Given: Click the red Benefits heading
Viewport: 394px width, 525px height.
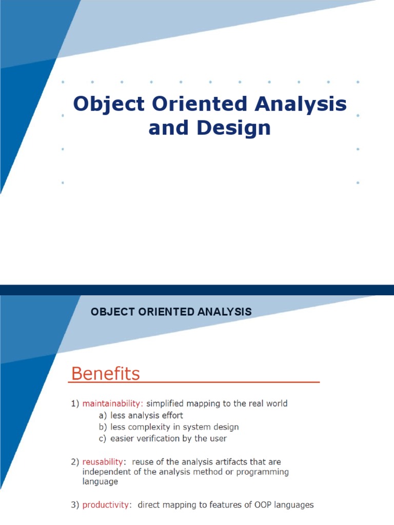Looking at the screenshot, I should click(x=105, y=373).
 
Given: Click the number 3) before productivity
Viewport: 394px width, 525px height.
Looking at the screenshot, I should click(x=75, y=505).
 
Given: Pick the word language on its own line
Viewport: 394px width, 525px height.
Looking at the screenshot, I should click(x=100, y=481).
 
